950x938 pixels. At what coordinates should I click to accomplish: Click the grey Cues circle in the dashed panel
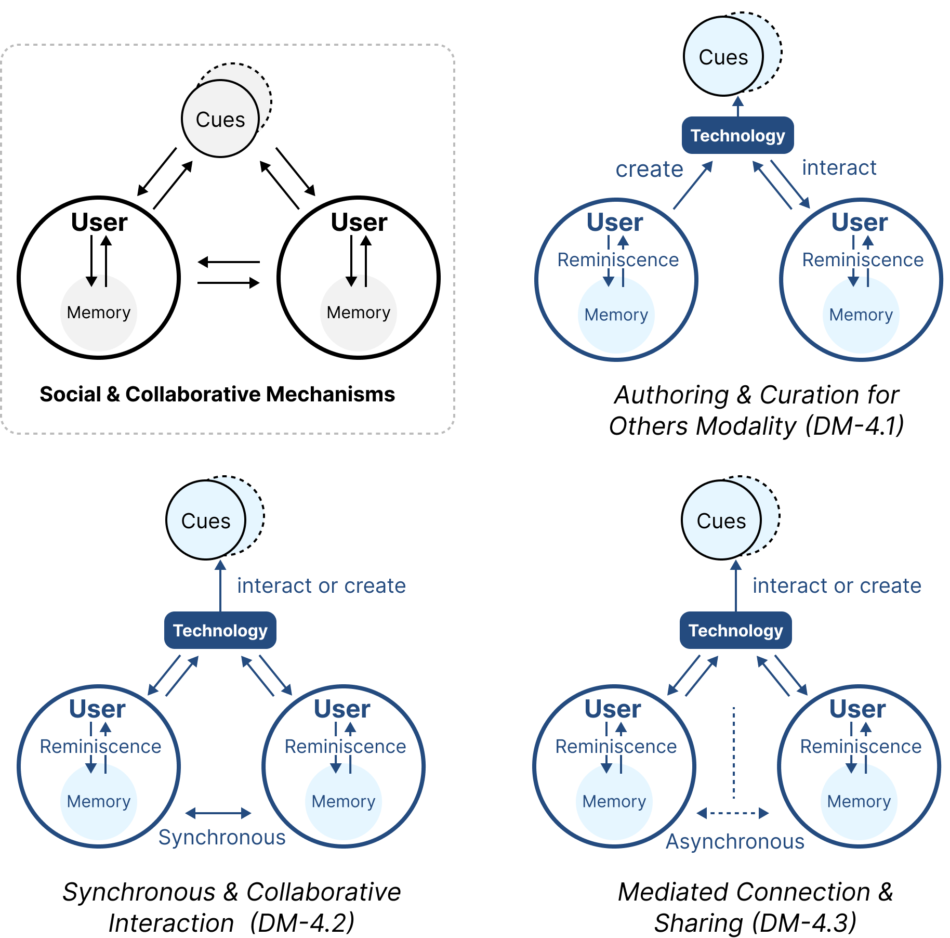[220, 119]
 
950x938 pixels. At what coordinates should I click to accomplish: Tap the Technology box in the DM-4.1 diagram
[737, 136]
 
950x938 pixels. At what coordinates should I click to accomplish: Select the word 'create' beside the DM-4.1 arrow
[649, 170]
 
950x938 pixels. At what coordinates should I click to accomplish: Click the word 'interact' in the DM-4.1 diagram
[839, 168]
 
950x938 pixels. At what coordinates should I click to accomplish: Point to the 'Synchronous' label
[222, 838]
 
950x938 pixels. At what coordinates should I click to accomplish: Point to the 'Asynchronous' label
[735, 842]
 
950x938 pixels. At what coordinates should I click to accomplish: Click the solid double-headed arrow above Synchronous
[218, 813]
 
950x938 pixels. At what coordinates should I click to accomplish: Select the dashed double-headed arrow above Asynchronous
[733, 813]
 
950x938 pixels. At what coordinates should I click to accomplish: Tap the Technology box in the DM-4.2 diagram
[220, 631]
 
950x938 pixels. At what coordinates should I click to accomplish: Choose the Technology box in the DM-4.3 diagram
[735, 631]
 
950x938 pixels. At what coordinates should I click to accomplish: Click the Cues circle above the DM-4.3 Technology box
[721, 520]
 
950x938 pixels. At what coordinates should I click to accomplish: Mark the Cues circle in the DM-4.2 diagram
[206, 520]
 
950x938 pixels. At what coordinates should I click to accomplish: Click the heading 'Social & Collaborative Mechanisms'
[217, 395]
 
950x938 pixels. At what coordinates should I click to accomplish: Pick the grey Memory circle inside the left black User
[99, 313]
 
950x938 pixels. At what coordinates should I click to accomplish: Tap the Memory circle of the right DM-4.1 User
[861, 316]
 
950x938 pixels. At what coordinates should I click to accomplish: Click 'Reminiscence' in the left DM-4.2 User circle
[100, 747]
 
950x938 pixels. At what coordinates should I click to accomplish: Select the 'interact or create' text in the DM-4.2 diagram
[321, 586]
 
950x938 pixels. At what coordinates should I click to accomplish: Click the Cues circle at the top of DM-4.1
[723, 57]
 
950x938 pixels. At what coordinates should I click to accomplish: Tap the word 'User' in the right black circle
[359, 223]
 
